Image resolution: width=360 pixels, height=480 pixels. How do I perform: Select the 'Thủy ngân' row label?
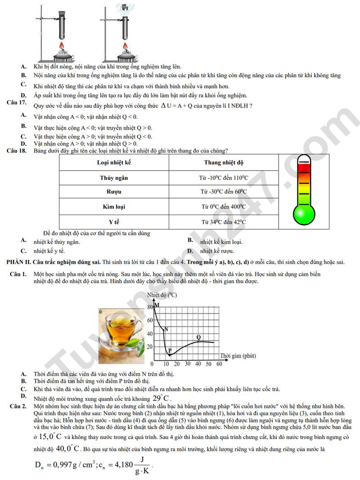click(x=114, y=178)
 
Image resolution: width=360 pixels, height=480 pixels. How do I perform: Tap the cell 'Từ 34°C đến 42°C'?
click(x=223, y=222)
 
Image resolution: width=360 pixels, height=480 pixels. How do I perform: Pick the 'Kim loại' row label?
click(x=114, y=207)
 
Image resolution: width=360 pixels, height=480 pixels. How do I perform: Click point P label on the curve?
click(x=170, y=350)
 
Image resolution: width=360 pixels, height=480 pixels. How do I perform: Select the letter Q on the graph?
click(x=198, y=337)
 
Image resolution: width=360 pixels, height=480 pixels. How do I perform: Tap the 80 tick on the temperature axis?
click(x=150, y=307)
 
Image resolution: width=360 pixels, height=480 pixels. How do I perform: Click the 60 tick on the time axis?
click(x=219, y=364)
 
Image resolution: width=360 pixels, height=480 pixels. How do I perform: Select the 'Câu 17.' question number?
click(x=17, y=103)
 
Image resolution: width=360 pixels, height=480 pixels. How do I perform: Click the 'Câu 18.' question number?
click(x=17, y=150)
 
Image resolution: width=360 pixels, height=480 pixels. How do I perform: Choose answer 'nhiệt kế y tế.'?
click(x=49, y=251)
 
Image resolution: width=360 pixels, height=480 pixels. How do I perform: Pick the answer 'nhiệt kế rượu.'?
click(x=217, y=251)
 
